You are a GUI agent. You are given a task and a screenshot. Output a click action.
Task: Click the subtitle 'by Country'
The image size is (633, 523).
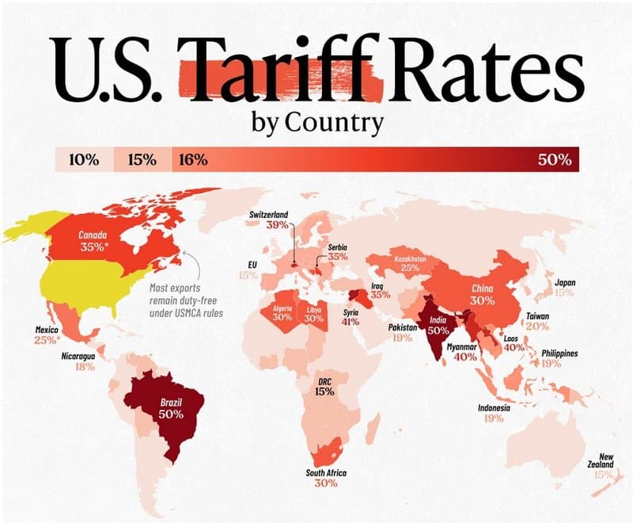[x=317, y=123]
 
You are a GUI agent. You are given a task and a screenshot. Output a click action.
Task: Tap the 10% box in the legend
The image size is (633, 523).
[x=84, y=159]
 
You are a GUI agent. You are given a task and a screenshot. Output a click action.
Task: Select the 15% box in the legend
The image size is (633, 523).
[x=142, y=159]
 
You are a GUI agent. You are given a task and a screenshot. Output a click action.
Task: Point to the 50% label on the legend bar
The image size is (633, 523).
[x=554, y=159]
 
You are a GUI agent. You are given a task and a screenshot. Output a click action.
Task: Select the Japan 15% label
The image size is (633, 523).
[x=564, y=287]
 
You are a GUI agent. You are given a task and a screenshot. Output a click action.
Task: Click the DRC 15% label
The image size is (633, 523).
[x=324, y=386]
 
